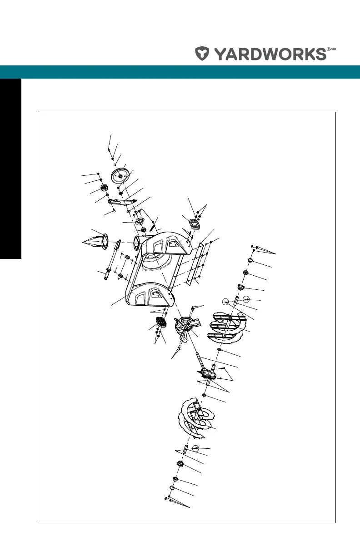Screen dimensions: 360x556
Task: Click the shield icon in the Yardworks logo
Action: (202, 54)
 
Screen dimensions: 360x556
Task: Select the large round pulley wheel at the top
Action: (120, 175)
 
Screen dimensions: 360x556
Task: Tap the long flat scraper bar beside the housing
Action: (196, 261)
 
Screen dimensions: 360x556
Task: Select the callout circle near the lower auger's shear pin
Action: (195, 449)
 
